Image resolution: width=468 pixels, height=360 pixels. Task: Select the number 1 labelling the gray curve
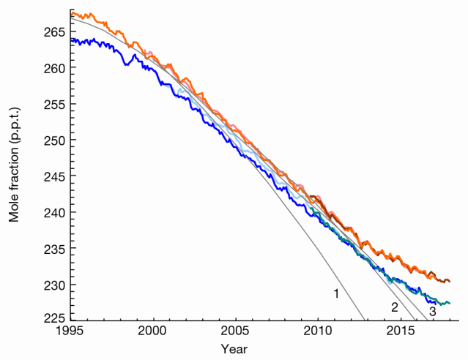(x=336, y=293)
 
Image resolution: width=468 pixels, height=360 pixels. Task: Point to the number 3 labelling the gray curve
(x=432, y=311)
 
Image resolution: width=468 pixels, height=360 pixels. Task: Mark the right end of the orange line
(x=450, y=281)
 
